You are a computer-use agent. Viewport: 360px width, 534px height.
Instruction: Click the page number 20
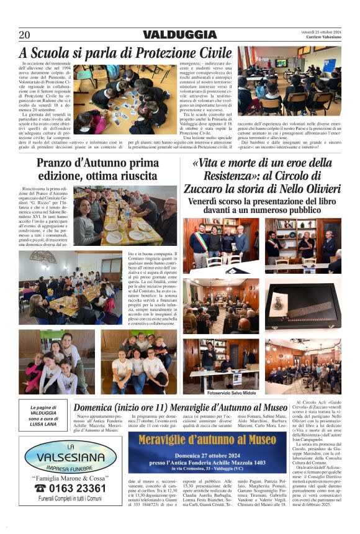click(24, 35)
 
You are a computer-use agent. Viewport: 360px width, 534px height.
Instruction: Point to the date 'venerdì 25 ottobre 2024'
click(321, 31)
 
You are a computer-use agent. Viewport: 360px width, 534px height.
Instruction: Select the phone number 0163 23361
click(74, 488)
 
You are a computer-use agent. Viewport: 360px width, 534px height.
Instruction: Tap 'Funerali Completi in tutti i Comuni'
click(70, 498)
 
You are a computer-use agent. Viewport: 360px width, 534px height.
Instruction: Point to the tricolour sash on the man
click(199, 239)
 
